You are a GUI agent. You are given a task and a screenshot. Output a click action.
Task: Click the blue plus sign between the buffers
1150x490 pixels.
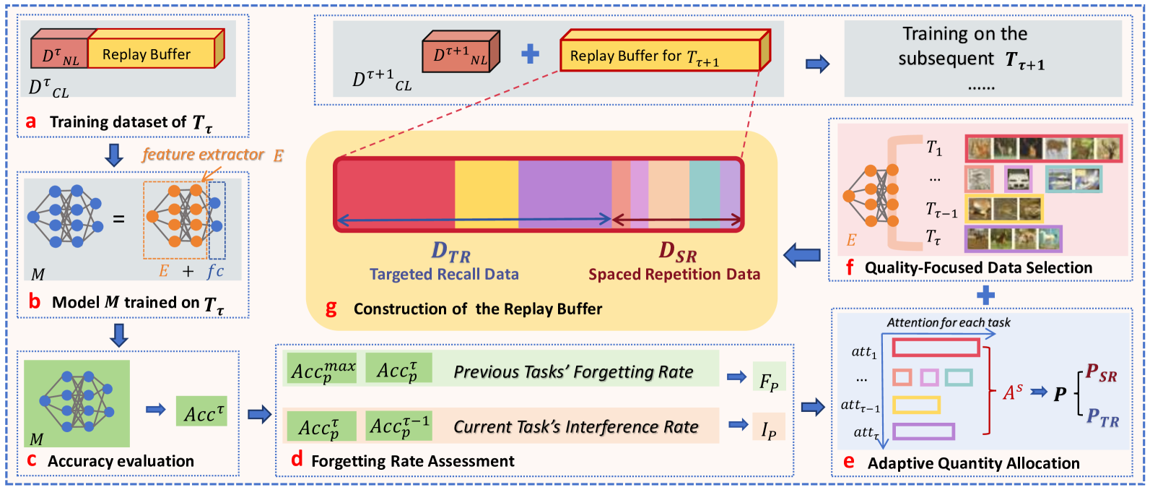point(530,54)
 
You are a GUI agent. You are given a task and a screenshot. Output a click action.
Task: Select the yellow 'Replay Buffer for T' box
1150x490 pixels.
point(660,56)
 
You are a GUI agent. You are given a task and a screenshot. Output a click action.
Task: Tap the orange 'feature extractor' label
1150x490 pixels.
point(204,155)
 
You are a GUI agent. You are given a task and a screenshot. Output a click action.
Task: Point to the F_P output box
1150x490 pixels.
point(769,377)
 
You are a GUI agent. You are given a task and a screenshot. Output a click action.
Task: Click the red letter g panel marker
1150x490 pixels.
point(331,309)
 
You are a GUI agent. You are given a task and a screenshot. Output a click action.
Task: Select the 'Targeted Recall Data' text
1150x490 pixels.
point(444,275)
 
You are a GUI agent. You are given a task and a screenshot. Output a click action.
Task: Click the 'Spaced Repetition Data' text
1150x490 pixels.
point(674,275)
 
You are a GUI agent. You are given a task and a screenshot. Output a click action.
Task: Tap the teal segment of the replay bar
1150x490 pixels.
point(704,194)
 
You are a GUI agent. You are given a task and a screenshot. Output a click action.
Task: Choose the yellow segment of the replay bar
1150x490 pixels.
point(486,194)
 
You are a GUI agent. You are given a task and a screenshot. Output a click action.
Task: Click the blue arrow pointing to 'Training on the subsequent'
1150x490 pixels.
point(817,64)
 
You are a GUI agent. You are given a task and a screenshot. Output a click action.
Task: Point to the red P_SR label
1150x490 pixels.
point(1102,373)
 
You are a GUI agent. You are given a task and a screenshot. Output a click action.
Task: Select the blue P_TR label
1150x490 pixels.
point(1102,418)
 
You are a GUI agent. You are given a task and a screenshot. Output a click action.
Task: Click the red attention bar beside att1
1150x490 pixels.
point(936,348)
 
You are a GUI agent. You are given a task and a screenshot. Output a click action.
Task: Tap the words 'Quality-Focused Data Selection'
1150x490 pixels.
point(978,268)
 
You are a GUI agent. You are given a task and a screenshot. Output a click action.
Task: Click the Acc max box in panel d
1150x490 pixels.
point(322,369)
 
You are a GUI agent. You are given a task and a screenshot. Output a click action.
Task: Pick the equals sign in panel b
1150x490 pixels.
point(119,219)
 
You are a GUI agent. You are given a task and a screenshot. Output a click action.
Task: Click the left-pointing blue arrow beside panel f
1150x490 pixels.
point(802,254)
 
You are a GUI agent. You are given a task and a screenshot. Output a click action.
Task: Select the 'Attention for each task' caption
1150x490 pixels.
point(948,323)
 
